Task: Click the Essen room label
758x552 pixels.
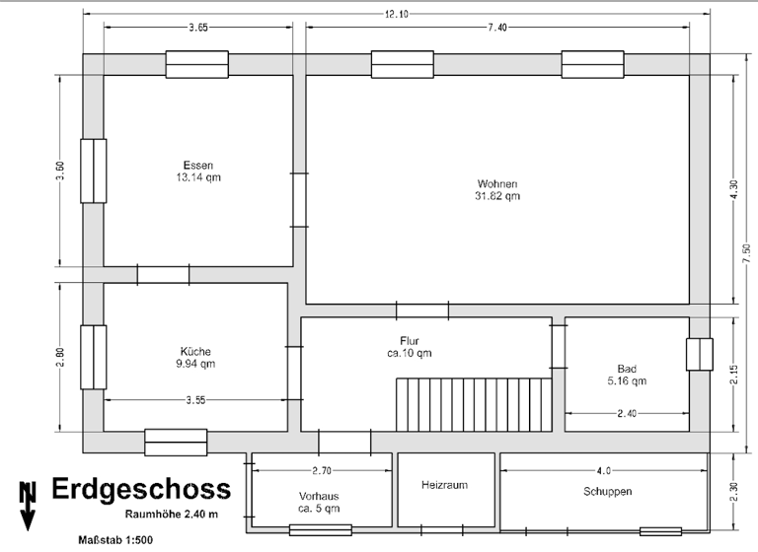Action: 198,165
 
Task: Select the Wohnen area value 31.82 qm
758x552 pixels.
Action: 497,196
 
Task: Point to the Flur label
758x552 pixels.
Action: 410,340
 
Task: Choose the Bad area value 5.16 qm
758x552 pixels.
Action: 626,380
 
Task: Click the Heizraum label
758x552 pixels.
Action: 443,485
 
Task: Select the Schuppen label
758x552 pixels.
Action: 606,491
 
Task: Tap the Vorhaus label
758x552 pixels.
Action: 319,496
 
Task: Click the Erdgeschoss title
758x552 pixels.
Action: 141,489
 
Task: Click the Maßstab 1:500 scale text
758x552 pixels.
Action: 114,540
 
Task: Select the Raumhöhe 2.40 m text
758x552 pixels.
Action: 172,514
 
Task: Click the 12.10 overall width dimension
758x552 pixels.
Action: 399,13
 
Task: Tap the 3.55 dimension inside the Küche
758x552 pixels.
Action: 195,399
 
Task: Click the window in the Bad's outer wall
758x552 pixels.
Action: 699,354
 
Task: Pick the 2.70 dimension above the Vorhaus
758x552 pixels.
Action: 323,470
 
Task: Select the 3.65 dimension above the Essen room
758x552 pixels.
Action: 196,28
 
